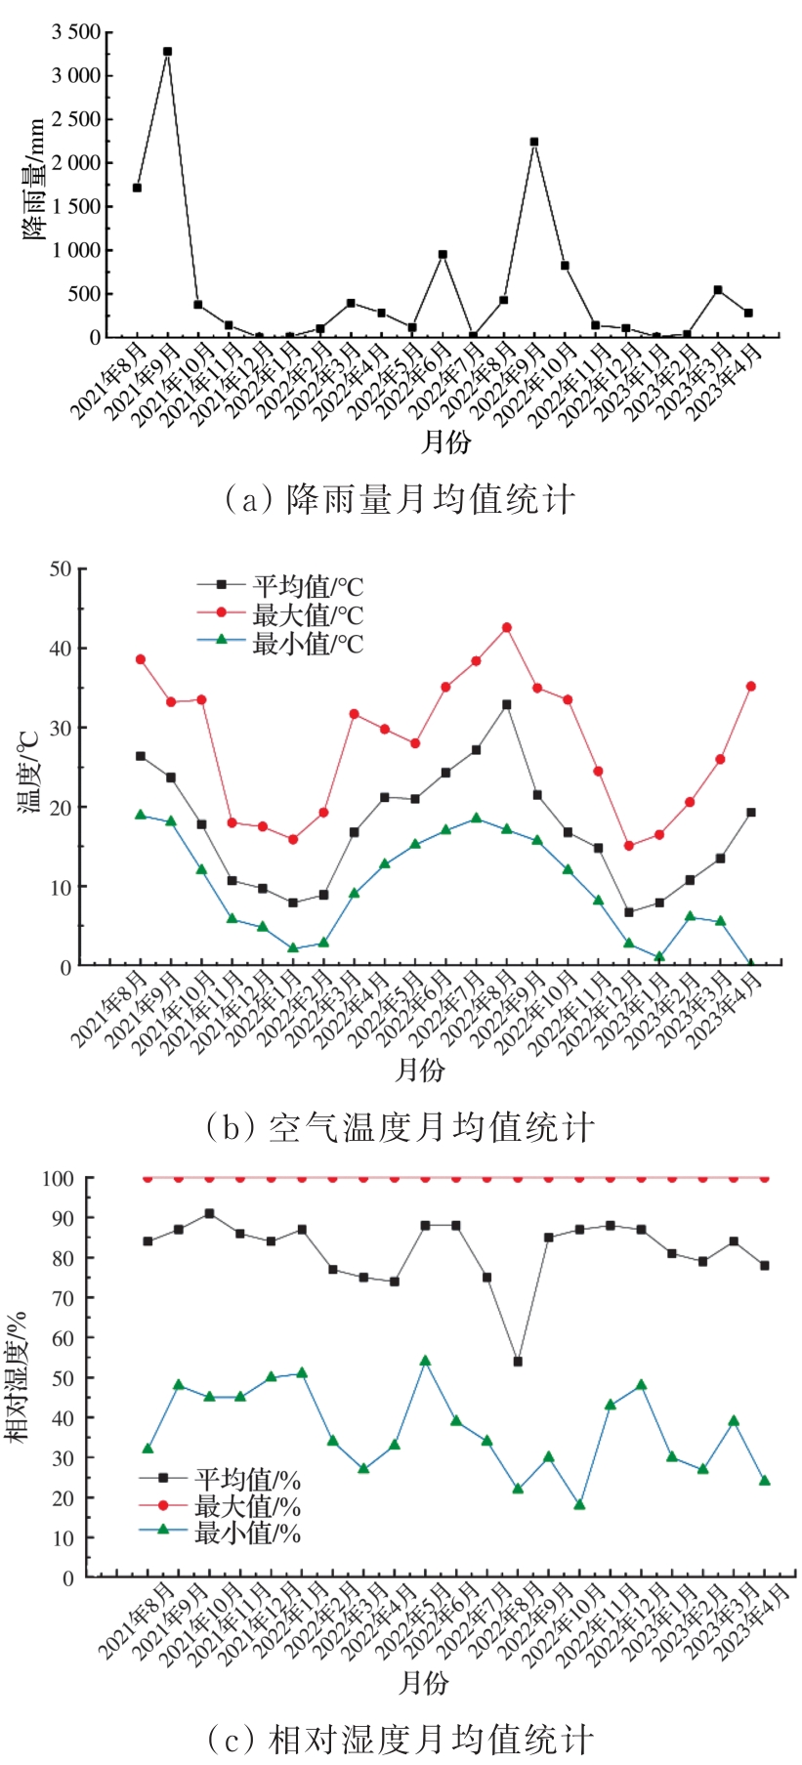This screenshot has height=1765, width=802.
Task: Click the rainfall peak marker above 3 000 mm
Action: [x=167, y=52]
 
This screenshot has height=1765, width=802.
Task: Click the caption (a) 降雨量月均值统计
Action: [x=400, y=500]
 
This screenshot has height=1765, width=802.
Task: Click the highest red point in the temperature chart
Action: [x=506, y=627]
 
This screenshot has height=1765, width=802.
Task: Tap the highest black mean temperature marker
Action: [x=506, y=704]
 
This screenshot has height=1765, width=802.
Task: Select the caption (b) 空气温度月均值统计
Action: [x=400, y=1128]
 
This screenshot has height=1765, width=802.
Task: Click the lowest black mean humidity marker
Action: [x=518, y=1362]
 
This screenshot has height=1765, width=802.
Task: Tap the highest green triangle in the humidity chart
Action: [x=425, y=1361]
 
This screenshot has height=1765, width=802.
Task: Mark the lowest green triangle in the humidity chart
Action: [x=579, y=1504]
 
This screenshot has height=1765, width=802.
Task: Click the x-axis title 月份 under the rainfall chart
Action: [x=444, y=442]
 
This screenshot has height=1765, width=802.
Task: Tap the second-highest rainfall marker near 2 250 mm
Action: [x=534, y=142]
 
